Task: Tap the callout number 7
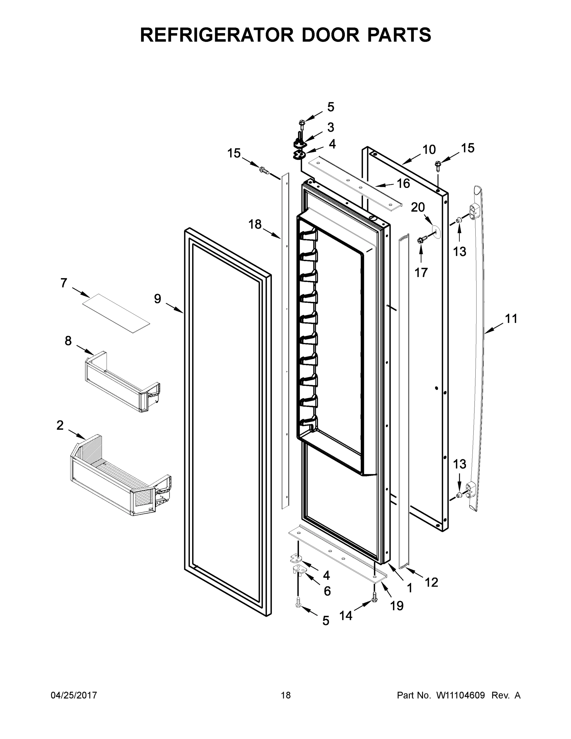tap(64, 283)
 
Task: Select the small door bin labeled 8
tap(122, 382)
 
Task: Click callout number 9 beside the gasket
tap(158, 299)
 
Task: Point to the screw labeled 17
tap(421, 240)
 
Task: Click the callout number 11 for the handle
tap(511, 318)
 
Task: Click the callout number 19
tap(397, 606)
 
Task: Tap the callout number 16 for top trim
tap(403, 184)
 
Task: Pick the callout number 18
tap(255, 224)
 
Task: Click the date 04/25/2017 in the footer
tap(74, 695)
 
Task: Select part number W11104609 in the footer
tap(461, 695)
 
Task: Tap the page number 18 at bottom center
tap(286, 695)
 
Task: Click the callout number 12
tap(431, 582)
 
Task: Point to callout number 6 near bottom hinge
tap(327, 591)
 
